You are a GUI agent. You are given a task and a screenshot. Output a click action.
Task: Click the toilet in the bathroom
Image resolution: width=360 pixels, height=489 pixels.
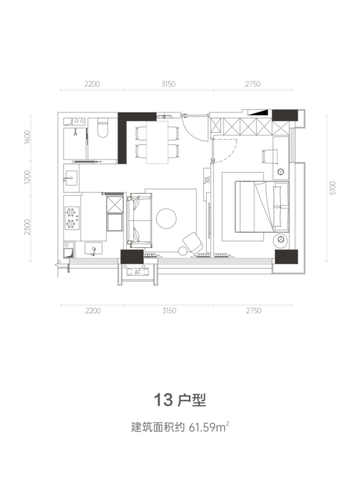click(x=102, y=128)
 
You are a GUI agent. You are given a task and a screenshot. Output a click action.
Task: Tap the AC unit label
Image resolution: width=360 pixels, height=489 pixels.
click(x=138, y=272)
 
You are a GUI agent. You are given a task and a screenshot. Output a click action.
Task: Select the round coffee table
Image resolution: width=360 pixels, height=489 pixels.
click(x=166, y=218)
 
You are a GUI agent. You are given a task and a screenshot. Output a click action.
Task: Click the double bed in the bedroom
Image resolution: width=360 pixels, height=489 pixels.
click(x=262, y=206)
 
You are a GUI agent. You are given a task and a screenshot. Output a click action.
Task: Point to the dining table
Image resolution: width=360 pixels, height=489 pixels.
click(x=157, y=142)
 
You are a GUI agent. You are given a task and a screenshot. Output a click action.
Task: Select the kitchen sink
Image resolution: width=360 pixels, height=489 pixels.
click(x=93, y=249)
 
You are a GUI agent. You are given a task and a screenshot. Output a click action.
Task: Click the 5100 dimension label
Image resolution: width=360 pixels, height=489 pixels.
click(x=333, y=188)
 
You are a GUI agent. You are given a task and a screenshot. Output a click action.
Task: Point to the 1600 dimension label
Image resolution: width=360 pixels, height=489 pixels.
click(x=27, y=137)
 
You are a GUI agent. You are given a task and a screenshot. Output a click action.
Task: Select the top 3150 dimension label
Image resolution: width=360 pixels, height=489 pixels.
click(x=168, y=84)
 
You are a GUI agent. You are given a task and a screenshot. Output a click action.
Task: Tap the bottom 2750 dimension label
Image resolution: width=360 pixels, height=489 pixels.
click(x=253, y=311)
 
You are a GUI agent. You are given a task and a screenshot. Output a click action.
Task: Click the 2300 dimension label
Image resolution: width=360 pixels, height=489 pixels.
click(x=27, y=227)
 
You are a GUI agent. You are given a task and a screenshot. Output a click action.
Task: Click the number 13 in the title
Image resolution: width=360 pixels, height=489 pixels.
click(x=164, y=400)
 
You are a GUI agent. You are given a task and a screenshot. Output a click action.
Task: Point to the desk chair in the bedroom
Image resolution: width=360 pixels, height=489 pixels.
click(x=269, y=156)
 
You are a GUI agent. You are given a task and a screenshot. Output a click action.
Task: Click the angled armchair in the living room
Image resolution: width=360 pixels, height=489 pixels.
click(x=192, y=243)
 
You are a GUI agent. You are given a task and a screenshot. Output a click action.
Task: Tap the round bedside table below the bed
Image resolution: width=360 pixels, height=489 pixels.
click(x=281, y=239)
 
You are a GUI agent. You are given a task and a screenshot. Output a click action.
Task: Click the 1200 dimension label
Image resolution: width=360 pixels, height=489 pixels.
click(x=27, y=177)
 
